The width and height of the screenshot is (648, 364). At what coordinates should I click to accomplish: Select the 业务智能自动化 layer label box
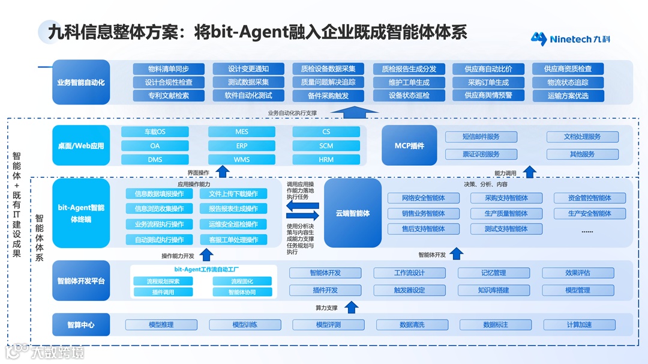[x=81, y=82]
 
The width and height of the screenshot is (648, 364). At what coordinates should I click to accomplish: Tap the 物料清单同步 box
[x=169, y=69]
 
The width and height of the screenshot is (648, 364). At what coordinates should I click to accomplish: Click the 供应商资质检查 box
[x=568, y=69]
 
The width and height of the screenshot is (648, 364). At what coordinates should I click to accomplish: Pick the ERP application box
[x=241, y=146]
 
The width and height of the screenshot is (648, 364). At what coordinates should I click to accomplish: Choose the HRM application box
[x=326, y=160]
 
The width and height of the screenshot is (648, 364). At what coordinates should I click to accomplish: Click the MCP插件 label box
[x=409, y=146]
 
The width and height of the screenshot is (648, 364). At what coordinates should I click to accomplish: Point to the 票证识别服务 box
[x=481, y=154]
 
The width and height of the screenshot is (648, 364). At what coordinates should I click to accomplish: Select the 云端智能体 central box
[x=353, y=213]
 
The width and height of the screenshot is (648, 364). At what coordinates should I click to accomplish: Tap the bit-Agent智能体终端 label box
[x=81, y=213]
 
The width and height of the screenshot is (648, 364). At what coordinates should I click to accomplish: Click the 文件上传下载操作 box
[x=233, y=194]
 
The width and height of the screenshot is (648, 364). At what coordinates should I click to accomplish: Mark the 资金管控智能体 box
[x=589, y=198]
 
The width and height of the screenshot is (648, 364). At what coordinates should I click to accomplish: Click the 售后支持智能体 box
[x=423, y=229]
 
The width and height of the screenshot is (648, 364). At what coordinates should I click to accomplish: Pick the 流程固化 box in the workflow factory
[x=242, y=281]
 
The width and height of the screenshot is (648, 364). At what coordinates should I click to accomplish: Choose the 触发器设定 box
[x=409, y=290]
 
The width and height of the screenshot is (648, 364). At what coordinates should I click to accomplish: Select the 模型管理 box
[x=578, y=290]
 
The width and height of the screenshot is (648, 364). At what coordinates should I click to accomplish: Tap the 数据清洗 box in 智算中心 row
[x=412, y=325]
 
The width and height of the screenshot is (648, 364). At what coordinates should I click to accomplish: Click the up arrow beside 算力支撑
[x=352, y=308]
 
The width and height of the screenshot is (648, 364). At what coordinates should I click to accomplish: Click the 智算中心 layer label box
[x=81, y=325]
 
